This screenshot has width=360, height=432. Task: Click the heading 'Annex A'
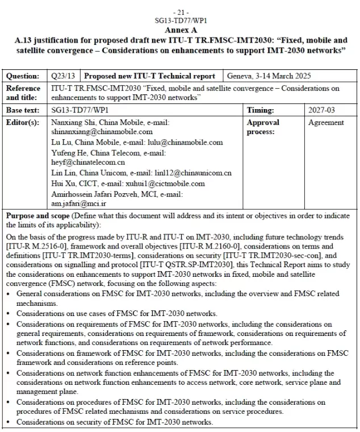[181, 29]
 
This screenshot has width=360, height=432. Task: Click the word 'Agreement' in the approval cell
[326, 122]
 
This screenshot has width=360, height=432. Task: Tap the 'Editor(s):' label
[24, 122]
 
